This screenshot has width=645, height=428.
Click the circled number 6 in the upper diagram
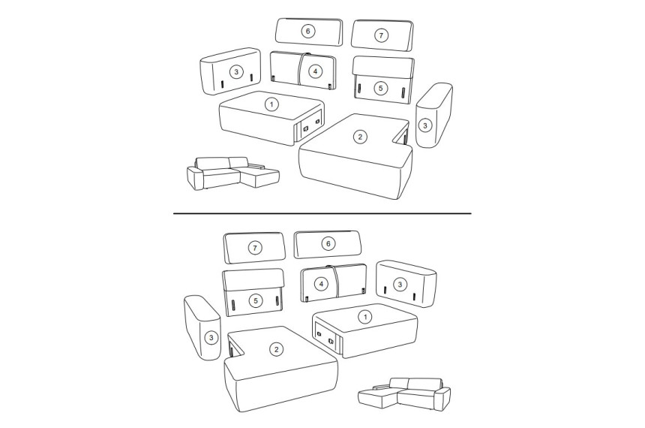(x=307, y=31)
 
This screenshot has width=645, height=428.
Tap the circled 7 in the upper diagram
(x=381, y=35)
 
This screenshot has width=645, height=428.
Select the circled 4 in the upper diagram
(x=315, y=71)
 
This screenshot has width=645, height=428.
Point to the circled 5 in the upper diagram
(x=380, y=88)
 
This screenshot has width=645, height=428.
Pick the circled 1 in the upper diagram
(x=271, y=104)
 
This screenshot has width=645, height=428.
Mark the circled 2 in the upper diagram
(x=360, y=137)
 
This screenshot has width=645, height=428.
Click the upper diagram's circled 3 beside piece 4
(x=236, y=72)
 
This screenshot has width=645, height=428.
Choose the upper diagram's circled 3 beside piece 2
(x=425, y=125)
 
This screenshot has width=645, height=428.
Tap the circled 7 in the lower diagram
(x=255, y=248)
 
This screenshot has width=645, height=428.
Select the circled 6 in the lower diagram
(x=328, y=244)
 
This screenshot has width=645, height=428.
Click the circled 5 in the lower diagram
(x=256, y=300)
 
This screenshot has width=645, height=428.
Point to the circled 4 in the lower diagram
(x=321, y=284)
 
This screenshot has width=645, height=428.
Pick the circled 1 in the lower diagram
(x=364, y=317)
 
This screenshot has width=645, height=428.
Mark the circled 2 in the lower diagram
(x=276, y=350)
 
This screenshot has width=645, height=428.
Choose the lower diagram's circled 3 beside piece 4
(x=400, y=284)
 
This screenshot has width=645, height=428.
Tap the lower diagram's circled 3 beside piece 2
(x=211, y=338)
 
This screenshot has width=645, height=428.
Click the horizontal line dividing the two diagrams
(x=322, y=213)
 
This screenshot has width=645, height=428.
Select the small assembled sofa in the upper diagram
(x=232, y=173)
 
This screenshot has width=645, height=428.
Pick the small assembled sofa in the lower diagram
(x=404, y=394)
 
